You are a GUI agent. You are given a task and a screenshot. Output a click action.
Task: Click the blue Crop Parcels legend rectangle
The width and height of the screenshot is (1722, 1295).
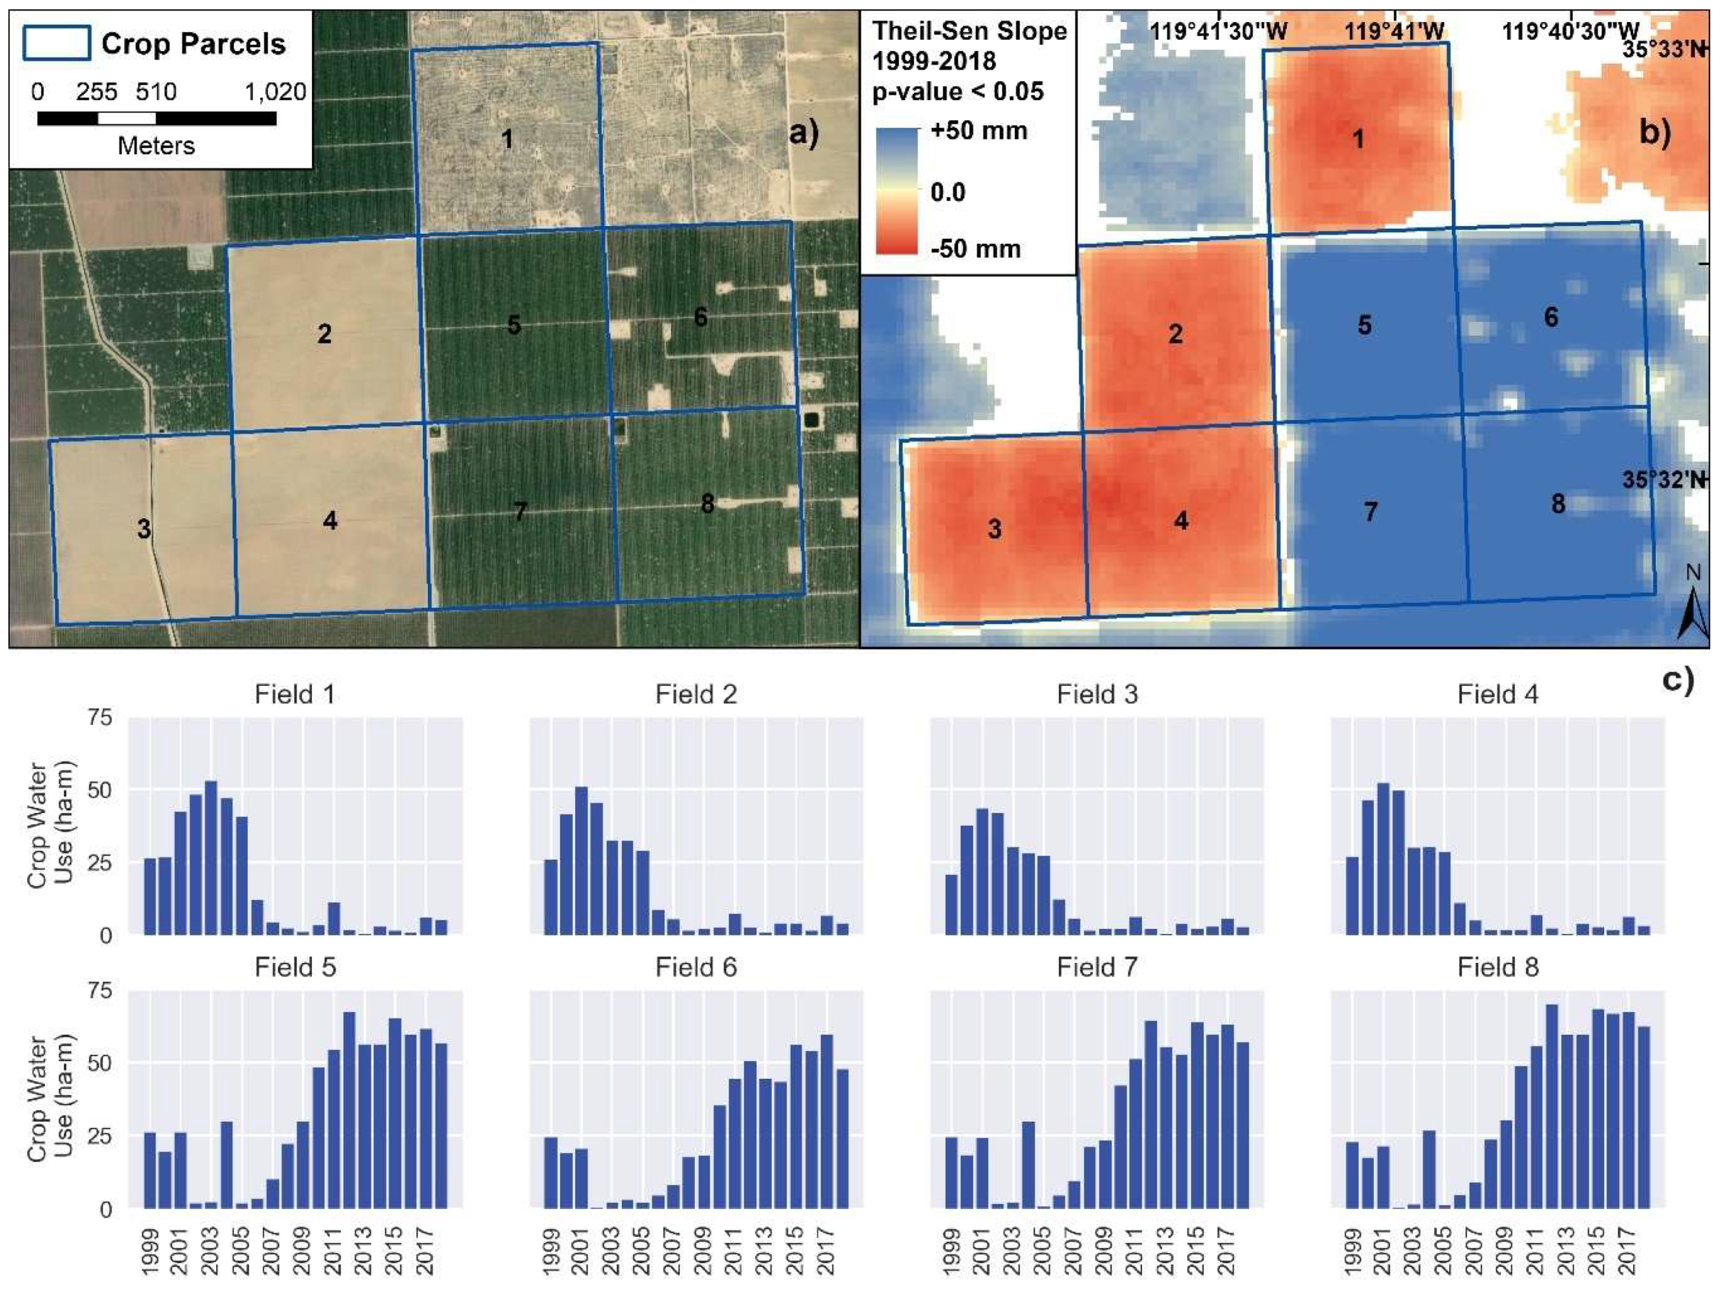coord(56,44)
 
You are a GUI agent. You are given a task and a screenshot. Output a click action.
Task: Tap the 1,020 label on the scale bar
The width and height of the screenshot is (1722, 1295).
coord(275,92)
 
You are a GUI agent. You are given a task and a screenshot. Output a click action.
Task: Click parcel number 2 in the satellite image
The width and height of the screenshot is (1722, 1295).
coord(324,334)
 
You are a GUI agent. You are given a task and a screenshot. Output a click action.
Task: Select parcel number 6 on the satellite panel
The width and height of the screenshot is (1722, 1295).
coord(700,317)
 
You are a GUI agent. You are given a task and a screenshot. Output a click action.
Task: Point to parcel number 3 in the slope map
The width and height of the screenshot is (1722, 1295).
coord(994,529)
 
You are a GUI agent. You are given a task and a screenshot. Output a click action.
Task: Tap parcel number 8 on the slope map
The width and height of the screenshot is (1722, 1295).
coord(1557,504)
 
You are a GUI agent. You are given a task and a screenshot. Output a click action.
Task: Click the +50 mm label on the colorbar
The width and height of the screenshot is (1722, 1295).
coord(979,130)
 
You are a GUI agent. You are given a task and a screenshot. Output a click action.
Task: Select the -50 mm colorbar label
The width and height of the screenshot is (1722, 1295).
coord(975,249)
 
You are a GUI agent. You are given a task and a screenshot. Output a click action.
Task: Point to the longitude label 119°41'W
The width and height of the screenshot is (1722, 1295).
coord(1394,31)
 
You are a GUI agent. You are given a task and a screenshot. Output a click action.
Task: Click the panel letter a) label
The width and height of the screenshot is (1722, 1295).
coord(804,133)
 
